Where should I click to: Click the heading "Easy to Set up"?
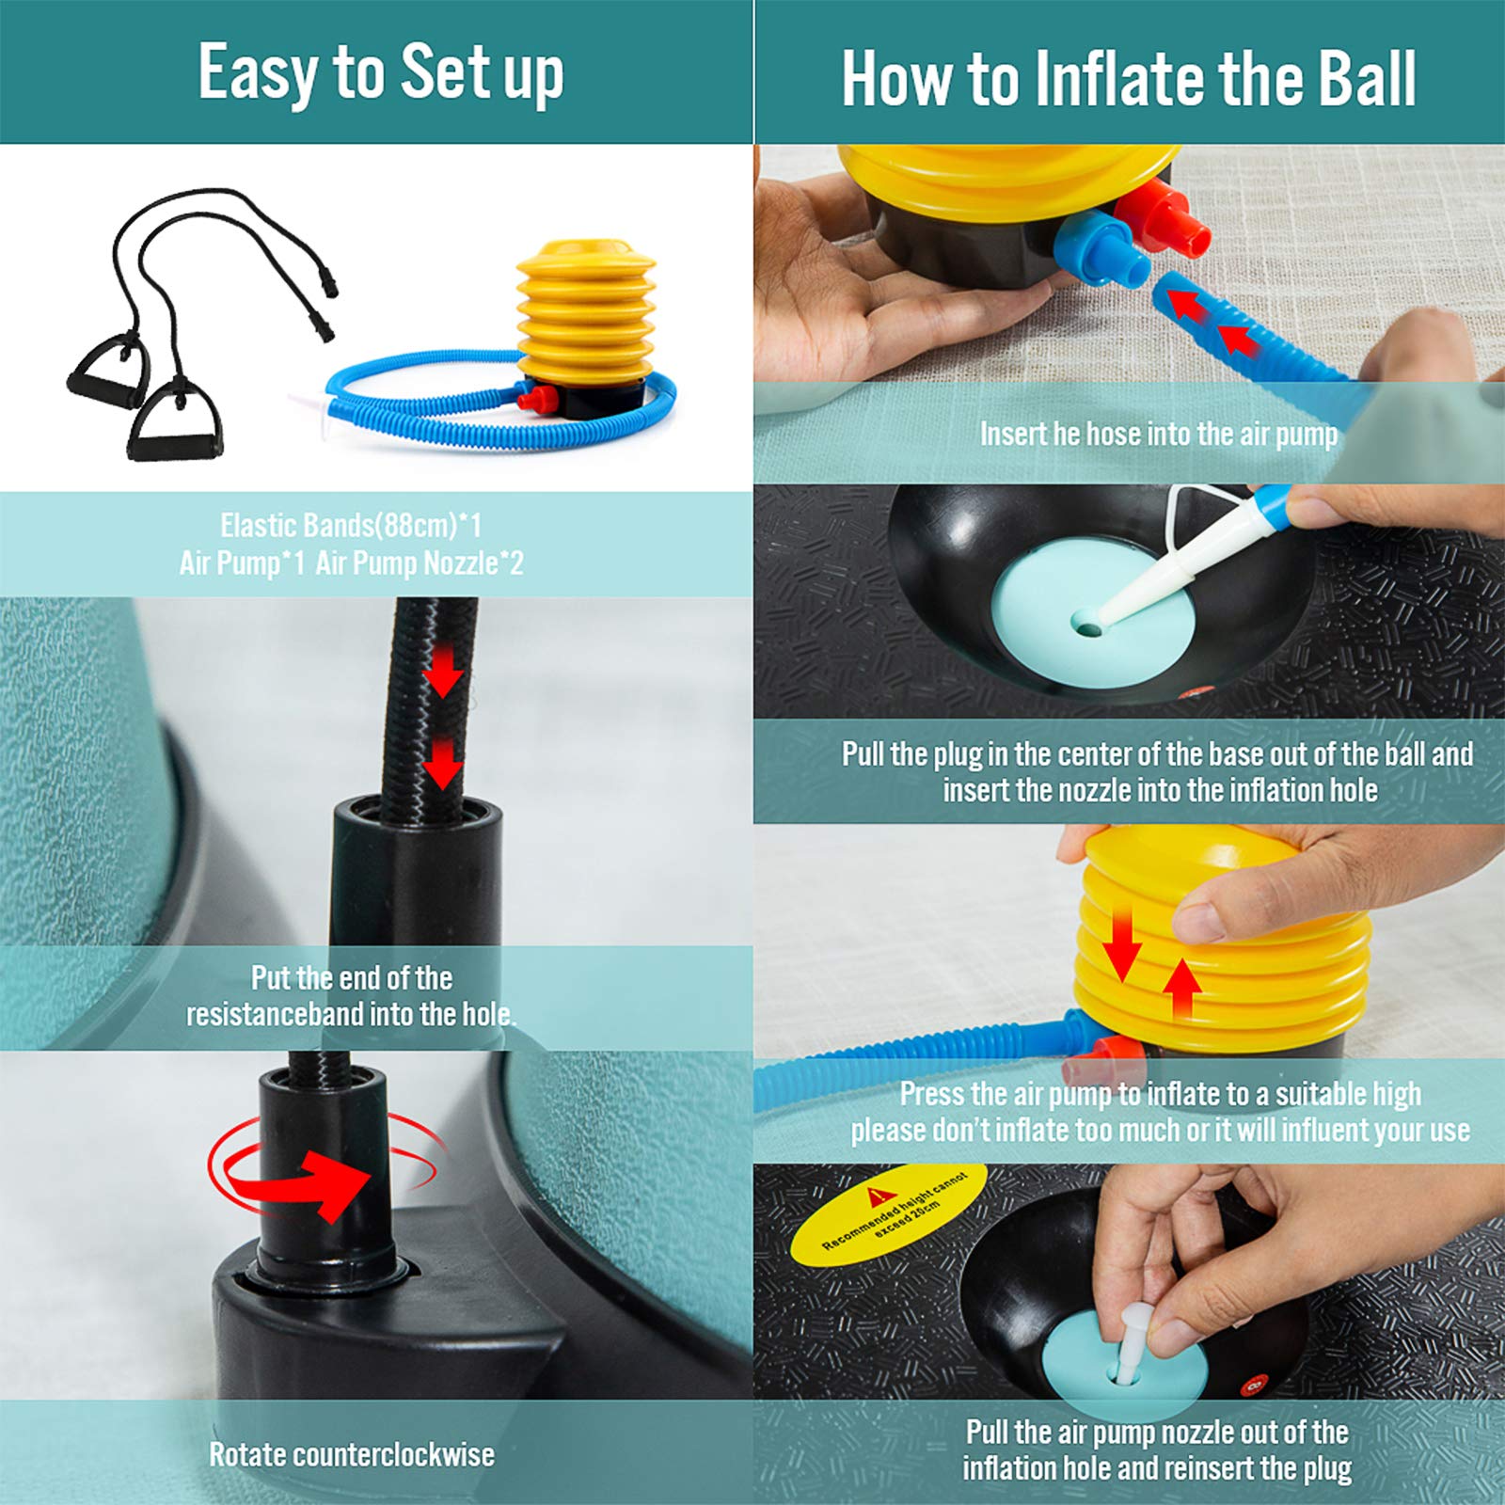pyautogui.click(x=381, y=73)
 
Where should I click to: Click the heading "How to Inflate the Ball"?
pyautogui.click(x=1129, y=79)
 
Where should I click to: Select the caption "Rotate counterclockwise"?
pyautogui.click(x=352, y=1454)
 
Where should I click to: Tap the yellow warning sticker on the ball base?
pyautogui.click(x=887, y=1212)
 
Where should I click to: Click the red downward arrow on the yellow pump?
pyautogui.click(x=1121, y=946)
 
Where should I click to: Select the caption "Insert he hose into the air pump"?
pyautogui.click(x=1159, y=434)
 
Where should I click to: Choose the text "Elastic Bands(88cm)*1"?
pyautogui.click(x=351, y=525)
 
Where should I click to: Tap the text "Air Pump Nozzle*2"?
pyautogui.click(x=420, y=563)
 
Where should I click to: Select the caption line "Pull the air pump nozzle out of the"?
pyautogui.click(x=1157, y=1432)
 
